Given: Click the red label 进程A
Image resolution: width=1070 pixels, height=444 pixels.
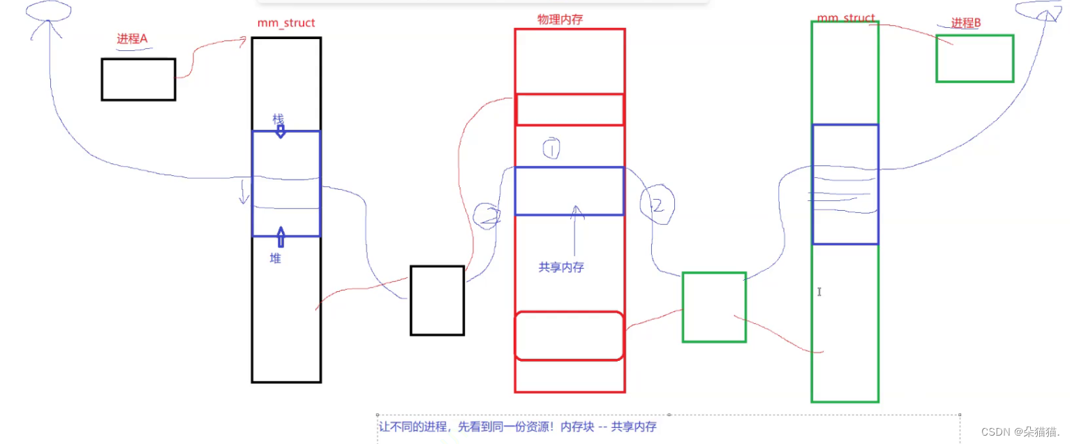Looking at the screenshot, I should tap(133, 39).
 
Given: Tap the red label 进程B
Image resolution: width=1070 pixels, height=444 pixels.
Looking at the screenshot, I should tap(966, 23).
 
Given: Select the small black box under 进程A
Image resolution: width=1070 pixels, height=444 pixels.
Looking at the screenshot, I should tap(138, 80).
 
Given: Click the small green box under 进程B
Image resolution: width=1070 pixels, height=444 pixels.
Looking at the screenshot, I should tap(974, 59).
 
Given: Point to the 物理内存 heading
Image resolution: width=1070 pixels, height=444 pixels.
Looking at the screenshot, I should tap(560, 20).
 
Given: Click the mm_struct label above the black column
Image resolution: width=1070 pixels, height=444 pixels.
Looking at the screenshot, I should tap(286, 24).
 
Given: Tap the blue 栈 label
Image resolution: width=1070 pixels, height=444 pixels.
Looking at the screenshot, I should tap(278, 120).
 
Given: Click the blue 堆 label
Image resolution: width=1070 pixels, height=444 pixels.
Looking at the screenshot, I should tap(276, 258).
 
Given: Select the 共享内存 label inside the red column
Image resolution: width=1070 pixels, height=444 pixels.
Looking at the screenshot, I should tap(561, 267).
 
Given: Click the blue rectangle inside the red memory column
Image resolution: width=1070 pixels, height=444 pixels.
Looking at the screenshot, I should tap(569, 191).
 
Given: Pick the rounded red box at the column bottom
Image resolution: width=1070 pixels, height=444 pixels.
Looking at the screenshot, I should tap(569, 336).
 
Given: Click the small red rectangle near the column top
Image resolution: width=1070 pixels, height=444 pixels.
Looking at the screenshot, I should tap(569, 110).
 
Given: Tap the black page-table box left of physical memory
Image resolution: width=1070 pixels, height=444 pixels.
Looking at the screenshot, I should tap(437, 300).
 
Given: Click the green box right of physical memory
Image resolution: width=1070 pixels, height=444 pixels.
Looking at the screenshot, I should tap(714, 307).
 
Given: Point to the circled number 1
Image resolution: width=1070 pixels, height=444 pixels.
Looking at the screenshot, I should tap(551, 148).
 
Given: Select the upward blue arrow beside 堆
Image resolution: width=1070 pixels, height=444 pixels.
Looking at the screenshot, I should tap(281, 237).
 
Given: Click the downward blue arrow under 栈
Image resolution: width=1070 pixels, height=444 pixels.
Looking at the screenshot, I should tap(281, 131).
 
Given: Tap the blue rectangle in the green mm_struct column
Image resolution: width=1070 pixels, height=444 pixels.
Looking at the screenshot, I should tap(845, 184).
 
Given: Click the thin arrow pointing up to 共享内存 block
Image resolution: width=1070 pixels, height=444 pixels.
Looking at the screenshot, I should tap(575, 230).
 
